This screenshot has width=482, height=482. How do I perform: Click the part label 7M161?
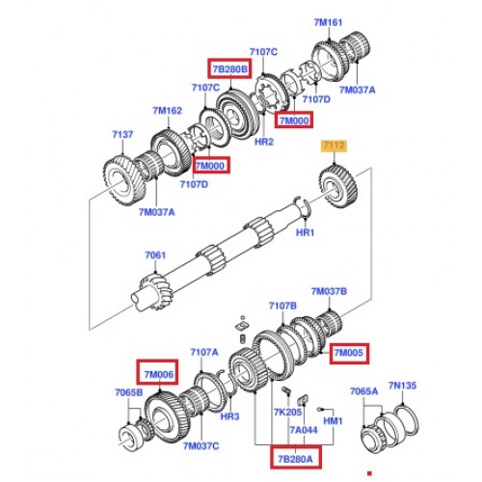pos(328,22)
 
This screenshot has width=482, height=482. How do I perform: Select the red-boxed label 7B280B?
pos(229,68)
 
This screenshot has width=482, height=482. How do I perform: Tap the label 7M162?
pos(167,111)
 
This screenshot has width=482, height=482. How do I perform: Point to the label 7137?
pos(122,134)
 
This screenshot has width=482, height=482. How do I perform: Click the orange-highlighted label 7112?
pos(335,146)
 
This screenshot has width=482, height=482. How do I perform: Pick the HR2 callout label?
pos(264,142)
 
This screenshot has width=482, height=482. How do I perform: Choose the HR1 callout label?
pos(305,232)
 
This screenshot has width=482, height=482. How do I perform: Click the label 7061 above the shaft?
pos(155,255)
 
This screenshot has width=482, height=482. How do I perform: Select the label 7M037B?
pos(329,291)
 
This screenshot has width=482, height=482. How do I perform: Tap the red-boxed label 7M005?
pos(349,353)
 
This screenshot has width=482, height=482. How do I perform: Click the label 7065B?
pos(129,392)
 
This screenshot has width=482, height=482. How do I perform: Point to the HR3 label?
pos(229,416)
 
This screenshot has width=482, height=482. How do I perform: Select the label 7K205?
pos(288,412)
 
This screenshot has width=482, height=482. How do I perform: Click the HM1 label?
pos(333,420)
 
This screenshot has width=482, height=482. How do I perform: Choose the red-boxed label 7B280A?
pos(295,459)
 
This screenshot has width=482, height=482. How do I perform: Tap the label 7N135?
pos(402,386)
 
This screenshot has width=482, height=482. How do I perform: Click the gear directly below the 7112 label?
pos(338,186)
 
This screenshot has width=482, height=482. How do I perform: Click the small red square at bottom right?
pos(369,473)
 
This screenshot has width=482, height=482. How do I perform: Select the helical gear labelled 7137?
pos(123,181)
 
